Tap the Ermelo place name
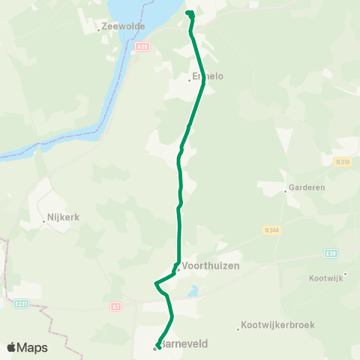click(208, 76)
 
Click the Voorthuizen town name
click(207, 266)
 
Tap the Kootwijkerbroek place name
click(279, 325)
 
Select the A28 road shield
click(142, 46)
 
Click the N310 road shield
click(342, 161)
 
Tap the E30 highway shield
click(331, 253)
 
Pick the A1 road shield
click(115, 306)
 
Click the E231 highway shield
click(21, 304)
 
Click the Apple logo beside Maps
click(12, 347)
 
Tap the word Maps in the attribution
click(34, 348)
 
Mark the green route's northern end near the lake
click(189, 13)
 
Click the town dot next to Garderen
click(286, 191)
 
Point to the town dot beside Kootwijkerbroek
click(238, 328)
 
